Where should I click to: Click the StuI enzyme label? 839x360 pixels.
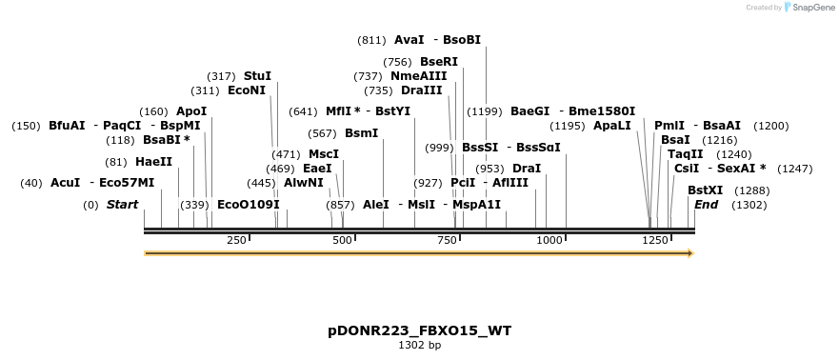pos(257,75)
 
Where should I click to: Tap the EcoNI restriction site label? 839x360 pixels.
pos(247,90)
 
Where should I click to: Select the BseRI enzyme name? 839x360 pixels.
pos(439,61)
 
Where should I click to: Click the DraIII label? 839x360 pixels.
pos(422,90)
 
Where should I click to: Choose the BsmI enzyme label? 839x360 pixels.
pos(361,133)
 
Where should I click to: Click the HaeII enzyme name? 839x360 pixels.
pos(154,162)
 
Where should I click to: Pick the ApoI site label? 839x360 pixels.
pos(191,111)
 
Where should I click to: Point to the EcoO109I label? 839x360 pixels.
pos(249,205)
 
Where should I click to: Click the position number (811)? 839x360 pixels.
pos(371,40)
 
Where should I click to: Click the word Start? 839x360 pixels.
pos(122,205)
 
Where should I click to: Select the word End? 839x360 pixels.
pos(706,205)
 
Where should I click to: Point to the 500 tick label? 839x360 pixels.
pos(343,240)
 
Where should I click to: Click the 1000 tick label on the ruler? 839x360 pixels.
pos(549,240)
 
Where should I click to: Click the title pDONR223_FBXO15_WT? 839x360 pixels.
pos(419,330)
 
